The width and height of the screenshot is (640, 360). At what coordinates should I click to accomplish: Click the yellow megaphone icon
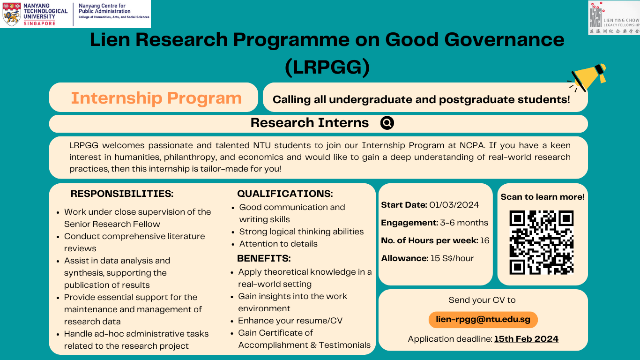click(588, 77)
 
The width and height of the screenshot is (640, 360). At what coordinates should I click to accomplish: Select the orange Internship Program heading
click(156, 98)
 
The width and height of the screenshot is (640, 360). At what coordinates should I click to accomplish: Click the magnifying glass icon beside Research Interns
click(387, 123)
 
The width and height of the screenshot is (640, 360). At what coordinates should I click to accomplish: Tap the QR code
click(541, 242)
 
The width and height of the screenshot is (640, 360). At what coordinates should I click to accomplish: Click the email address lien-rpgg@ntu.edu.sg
click(483, 320)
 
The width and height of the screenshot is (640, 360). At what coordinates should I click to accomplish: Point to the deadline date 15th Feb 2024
click(526, 339)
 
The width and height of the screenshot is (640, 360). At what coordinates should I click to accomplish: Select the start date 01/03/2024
click(454, 205)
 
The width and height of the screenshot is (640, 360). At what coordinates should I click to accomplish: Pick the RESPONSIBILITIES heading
click(122, 194)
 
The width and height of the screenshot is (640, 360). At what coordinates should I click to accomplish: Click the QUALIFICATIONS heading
click(285, 194)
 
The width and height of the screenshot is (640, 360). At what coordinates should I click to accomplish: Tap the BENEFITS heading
click(264, 259)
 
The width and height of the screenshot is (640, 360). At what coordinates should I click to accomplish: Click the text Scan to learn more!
click(543, 197)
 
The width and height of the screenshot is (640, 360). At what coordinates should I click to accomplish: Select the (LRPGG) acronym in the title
click(327, 67)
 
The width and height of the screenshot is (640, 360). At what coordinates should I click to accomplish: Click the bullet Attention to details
click(278, 244)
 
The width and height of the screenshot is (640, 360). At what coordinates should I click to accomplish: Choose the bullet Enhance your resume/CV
click(290, 321)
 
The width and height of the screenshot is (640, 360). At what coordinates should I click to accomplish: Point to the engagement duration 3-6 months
click(464, 223)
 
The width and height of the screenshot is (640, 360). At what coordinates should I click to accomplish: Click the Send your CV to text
click(482, 300)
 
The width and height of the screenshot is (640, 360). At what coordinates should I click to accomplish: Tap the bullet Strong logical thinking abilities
click(301, 232)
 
